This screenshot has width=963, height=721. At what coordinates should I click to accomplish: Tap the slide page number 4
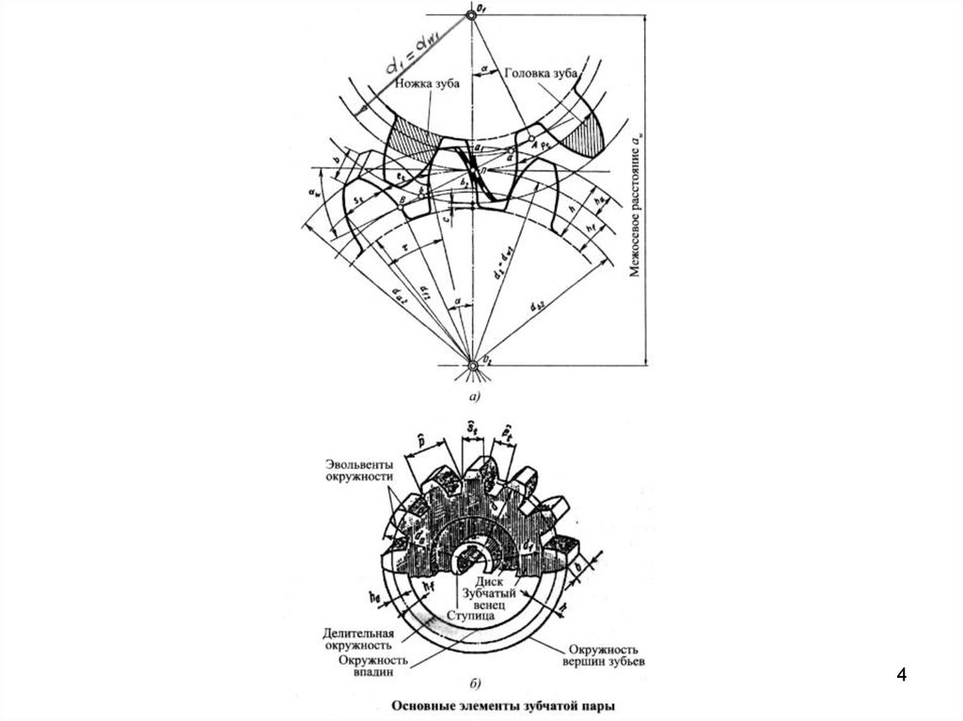point(903,675)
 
